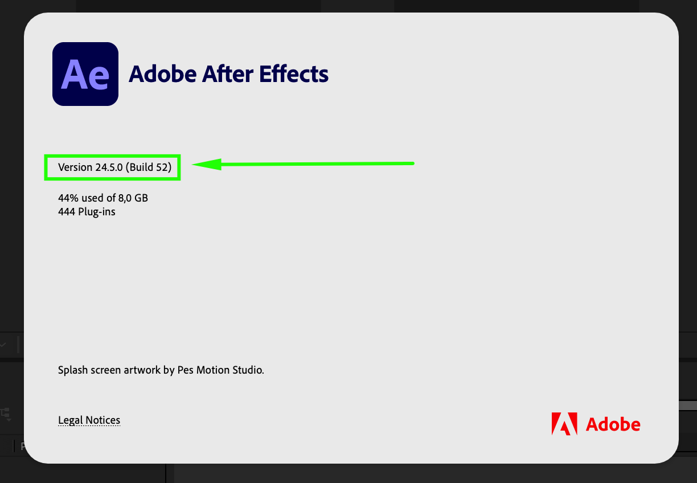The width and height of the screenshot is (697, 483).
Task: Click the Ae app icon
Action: pos(85,74)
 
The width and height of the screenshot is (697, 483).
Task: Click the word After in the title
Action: pos(227,74)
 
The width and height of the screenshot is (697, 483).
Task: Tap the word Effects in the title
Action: pos(294,74)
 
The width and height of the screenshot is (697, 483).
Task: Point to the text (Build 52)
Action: pos(149,167)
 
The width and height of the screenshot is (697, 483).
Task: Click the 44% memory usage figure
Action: pos(68,198)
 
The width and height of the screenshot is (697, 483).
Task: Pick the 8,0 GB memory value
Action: pos(133,198)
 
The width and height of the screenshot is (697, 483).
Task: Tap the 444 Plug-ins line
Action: pos(87,212)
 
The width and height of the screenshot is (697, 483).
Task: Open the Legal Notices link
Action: pos(89,420)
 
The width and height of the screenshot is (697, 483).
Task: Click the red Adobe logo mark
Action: pos(564,424)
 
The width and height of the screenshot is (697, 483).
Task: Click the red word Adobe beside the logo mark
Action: pos(613,424)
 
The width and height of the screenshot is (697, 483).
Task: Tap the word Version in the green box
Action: pos(75,167)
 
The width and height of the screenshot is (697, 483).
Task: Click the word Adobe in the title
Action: pos(163,74)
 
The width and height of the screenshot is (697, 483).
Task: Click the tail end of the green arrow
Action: pos(413,163)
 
